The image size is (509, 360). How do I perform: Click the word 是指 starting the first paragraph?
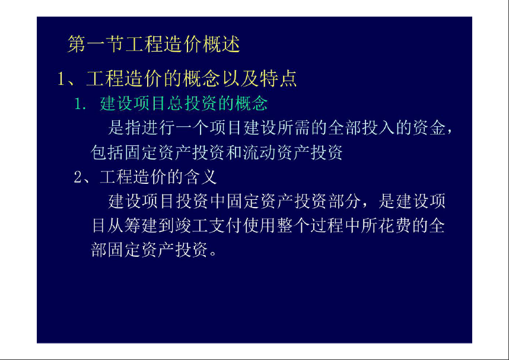[x=125, y=128]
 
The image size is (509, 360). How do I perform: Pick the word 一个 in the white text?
[x=192, y=128]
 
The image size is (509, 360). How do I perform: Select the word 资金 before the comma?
[x=429, y=128]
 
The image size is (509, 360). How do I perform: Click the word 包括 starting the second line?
[x=107, y=152]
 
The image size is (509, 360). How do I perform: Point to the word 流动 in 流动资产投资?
[x=260, y=152]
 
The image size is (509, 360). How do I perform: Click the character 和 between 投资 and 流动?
[x=234, y=152]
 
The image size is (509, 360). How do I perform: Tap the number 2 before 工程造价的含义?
[x=78, y=177]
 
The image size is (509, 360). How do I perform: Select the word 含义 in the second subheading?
[x=201, y=177]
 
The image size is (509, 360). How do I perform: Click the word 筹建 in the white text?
[x=142, y=225]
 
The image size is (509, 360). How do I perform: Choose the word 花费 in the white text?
[x=395, y=225]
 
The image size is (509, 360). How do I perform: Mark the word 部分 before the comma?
[x=345, y=201]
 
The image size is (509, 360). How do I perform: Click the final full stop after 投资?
[x=214, y=253]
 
